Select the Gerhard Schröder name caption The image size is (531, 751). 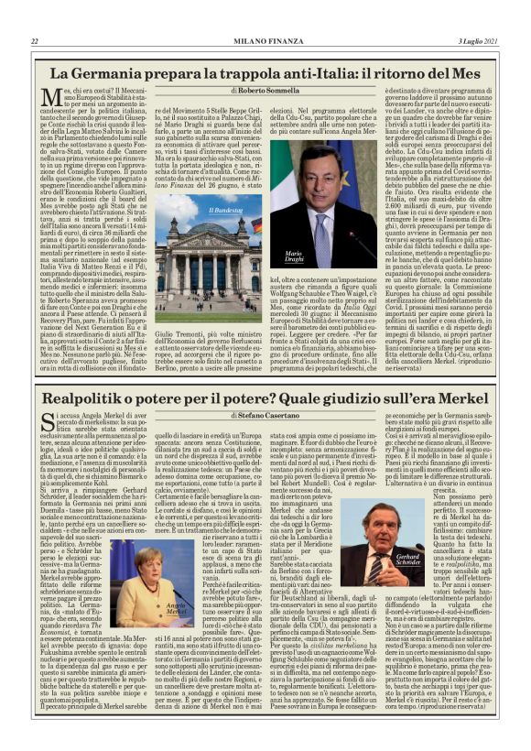(408, 560)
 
